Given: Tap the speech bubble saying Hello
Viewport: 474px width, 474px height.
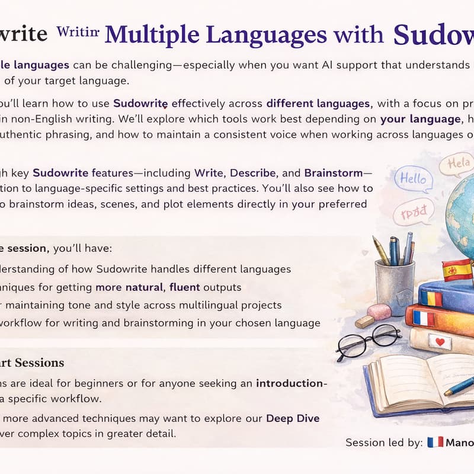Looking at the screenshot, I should tap(413, 178).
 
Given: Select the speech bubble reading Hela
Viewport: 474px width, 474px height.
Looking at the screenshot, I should tap(456, 164).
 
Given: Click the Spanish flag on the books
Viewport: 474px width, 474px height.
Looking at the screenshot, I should tap(457, 270).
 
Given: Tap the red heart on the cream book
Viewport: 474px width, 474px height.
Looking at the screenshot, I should tap(439, 342).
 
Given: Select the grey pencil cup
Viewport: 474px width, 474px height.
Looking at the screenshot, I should tap(394, 284).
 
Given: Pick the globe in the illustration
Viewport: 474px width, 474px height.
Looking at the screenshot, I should tap(456, 219).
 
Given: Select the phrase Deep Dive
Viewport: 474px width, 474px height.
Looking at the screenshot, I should tap(293, 418).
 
